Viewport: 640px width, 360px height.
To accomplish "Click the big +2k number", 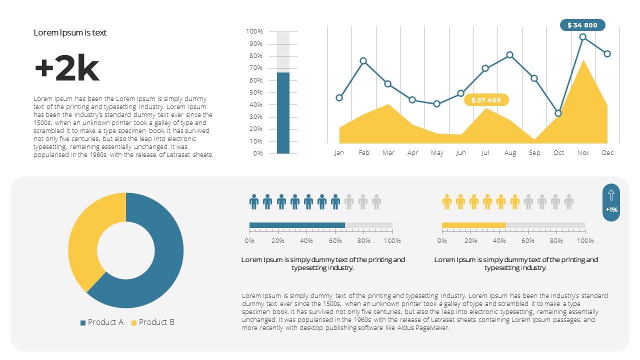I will (66, 69).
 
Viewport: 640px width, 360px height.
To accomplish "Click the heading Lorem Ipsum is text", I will (70, 32).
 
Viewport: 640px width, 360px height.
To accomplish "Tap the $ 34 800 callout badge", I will (582, 25).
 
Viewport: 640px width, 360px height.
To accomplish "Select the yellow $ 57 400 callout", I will (486, 100).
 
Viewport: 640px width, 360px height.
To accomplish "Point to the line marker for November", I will (582, 37).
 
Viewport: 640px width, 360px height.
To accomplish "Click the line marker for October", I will (558, 113).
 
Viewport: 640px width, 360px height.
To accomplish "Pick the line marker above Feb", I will (363, 61).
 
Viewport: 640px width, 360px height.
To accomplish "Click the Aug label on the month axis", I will (510, 153).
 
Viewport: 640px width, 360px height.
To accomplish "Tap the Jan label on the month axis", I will (339, 153).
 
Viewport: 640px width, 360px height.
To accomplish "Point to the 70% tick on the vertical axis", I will (255, 68).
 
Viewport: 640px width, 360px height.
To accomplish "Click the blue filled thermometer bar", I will (283, 113).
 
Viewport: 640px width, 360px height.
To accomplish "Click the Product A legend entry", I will (102, 322).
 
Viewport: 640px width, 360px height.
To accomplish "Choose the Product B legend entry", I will (153, 322).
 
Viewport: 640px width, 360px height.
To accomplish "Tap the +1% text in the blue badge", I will (611, 210).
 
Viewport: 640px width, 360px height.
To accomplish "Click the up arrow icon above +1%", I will (611, 195).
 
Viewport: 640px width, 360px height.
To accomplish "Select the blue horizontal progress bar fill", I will (297, 225).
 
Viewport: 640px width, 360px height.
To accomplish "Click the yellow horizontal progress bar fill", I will (473, 225).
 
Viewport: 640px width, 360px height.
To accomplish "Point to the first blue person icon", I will (254, 202).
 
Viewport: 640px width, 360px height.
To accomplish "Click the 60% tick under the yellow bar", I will (528, 241).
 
